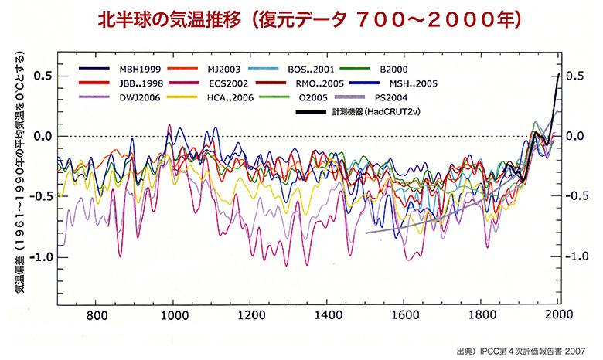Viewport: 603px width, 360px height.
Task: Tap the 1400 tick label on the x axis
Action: (x=328, y=315)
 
